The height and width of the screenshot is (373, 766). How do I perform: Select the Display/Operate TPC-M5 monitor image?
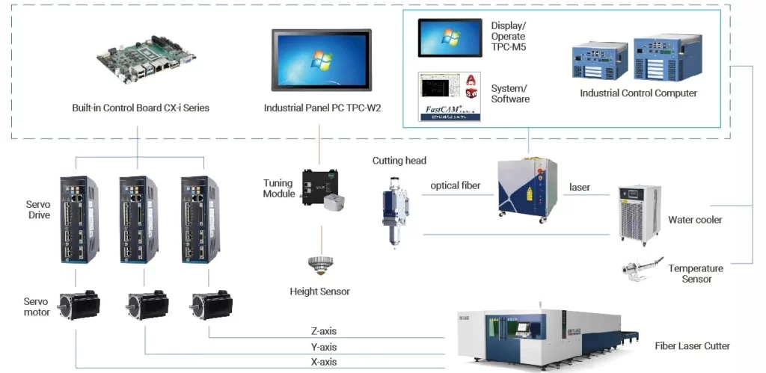point(450,38)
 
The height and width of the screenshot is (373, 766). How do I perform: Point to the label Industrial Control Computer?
point(638,93)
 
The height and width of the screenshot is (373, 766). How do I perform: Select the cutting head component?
point(396,209)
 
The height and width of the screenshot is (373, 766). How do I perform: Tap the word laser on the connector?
point(580,187)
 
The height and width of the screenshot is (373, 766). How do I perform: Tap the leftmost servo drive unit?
point(79,218)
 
